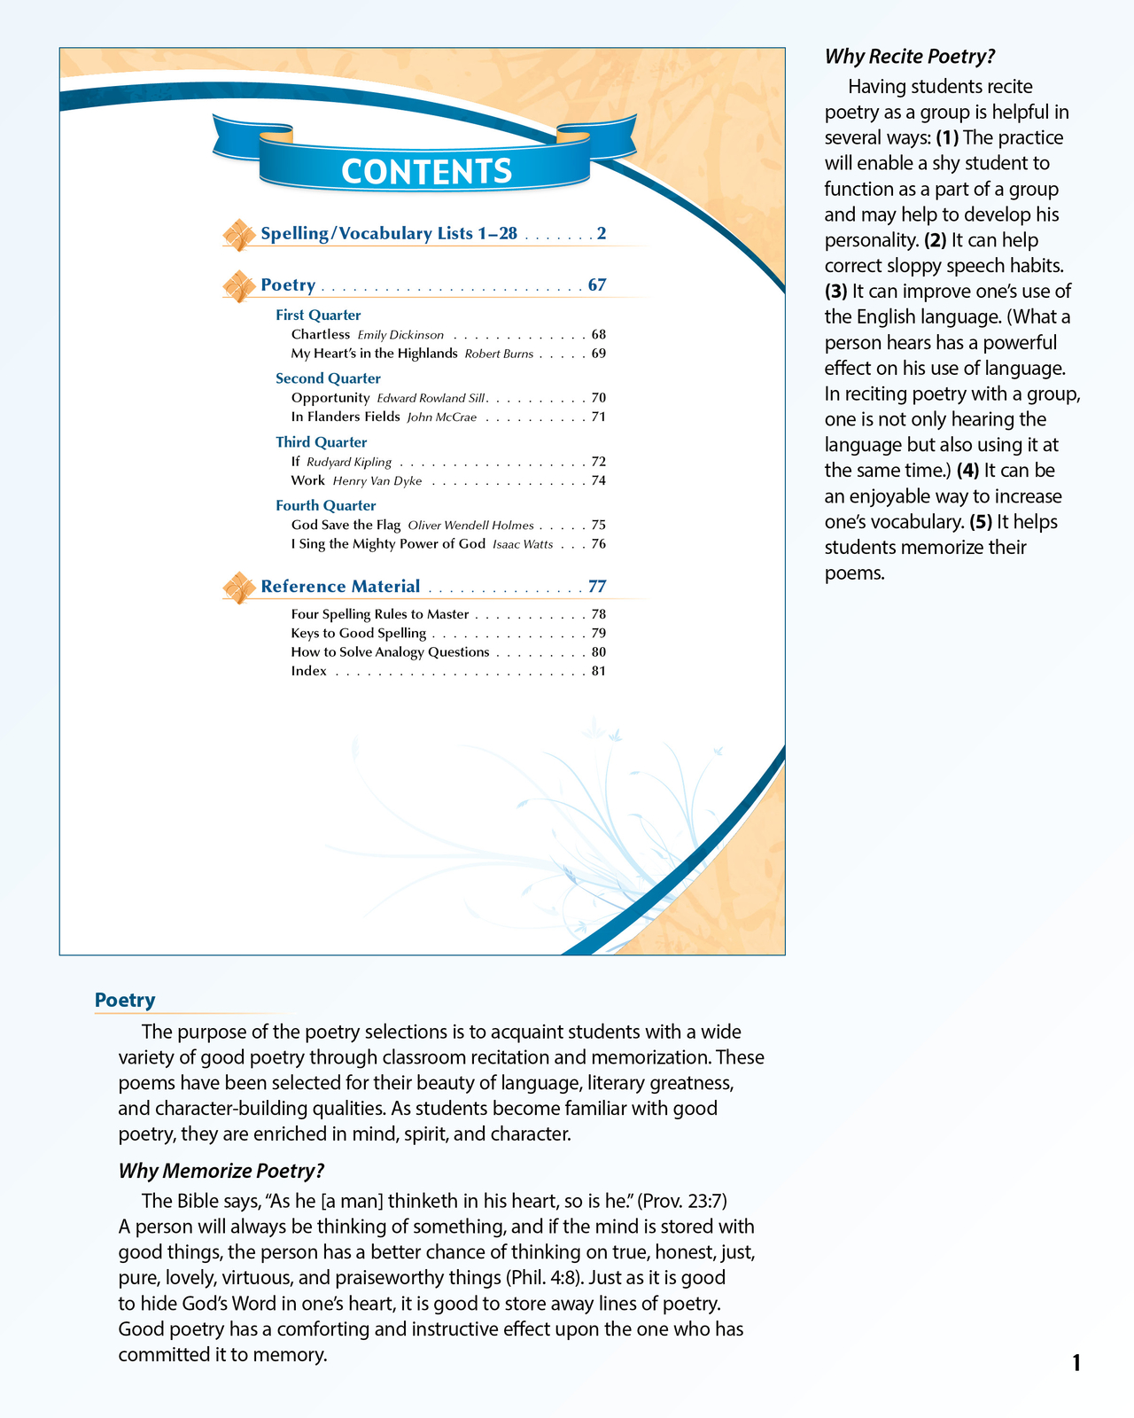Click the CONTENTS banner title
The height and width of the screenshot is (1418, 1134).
(x=426, y=171)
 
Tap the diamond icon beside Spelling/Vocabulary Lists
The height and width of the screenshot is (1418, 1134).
(x=237, y=235)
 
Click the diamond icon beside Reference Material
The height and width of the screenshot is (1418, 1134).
(x=237, y=588)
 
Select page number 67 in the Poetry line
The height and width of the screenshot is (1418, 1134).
(x=597, y=285)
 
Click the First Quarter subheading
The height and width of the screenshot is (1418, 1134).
(x=318, y=316)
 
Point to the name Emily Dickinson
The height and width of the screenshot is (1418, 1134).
(x=400, y=335)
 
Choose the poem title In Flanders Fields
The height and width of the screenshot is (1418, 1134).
(x=346, y=417)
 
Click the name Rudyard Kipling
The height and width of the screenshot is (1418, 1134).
(x=349, y=463)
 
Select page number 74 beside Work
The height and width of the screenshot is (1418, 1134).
(x=599, y=481)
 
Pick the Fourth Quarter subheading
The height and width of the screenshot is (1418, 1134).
(x=325, y=506)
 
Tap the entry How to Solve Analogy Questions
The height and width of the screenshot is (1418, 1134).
(x=390, y=652)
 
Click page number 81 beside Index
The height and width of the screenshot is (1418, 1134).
(x=599, y=671)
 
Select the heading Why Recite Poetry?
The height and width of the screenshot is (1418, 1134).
(x=910, y=57)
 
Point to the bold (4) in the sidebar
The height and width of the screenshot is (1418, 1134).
(x=967, y=471)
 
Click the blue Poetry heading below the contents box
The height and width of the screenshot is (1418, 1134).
(x=125, y=1001)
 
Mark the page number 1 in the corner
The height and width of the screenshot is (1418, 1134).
(x=1076, y=1363)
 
